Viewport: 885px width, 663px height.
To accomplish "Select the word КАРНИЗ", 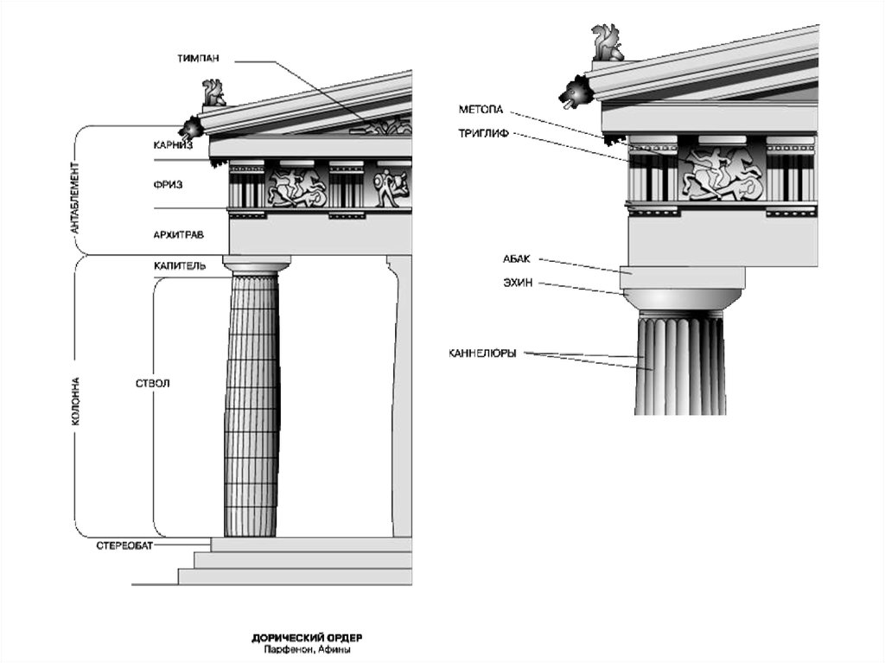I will click(173, 145).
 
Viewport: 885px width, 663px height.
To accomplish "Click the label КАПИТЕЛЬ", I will click(180, 266).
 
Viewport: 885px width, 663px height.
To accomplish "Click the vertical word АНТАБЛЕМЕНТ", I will click(75, 190).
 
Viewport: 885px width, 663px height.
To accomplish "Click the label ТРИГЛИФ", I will click(485, 134).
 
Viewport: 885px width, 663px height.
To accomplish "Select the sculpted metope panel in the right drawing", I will click(723, 174).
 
